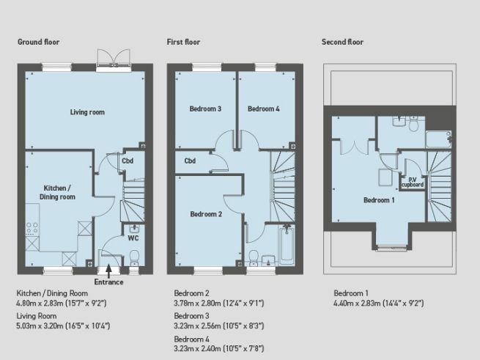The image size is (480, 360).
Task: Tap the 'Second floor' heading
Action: click(342, 42)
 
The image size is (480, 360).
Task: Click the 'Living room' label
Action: click(87, 112)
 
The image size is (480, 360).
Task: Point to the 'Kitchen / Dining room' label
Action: click(57, 192)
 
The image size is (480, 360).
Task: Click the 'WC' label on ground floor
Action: click(133, 238)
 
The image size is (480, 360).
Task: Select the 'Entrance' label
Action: click(109, 282)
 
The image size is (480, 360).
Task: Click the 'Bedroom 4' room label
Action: click(263, 109)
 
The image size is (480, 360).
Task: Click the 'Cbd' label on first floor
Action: click(190, 161)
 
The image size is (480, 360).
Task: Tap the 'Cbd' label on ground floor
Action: click(128, 161)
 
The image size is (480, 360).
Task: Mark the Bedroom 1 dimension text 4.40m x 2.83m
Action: click(379, 302)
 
